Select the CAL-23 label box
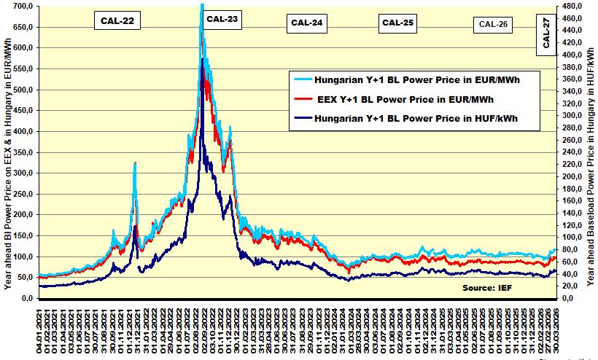coord(222,19)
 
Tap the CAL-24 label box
coord(307,23)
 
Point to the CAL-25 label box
coord(398,23)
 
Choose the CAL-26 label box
coord(494,24)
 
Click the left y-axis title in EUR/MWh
coord(7,153)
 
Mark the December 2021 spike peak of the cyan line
coord(136,163)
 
